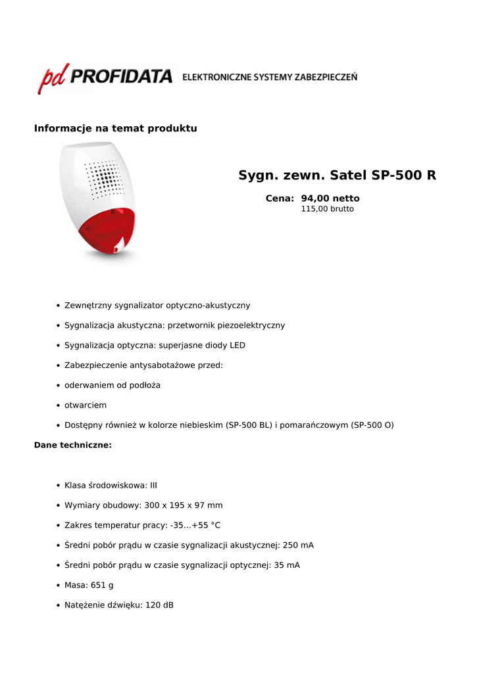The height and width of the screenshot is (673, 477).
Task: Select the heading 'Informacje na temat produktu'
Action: coord(116,128)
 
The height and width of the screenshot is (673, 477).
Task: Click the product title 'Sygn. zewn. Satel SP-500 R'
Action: coord(337,175)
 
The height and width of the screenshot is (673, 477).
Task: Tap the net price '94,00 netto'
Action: coord(330,198)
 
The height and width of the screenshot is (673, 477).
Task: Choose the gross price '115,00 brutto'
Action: coord(327,209)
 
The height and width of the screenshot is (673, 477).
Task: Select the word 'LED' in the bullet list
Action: coord(237,345)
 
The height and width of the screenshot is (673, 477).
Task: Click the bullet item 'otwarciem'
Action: coord(86,405)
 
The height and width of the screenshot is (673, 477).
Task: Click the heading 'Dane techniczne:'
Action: coord(73,445)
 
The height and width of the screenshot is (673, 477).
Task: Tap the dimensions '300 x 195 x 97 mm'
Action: coord(184,505)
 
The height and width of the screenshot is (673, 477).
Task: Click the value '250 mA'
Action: coord(298,545)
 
